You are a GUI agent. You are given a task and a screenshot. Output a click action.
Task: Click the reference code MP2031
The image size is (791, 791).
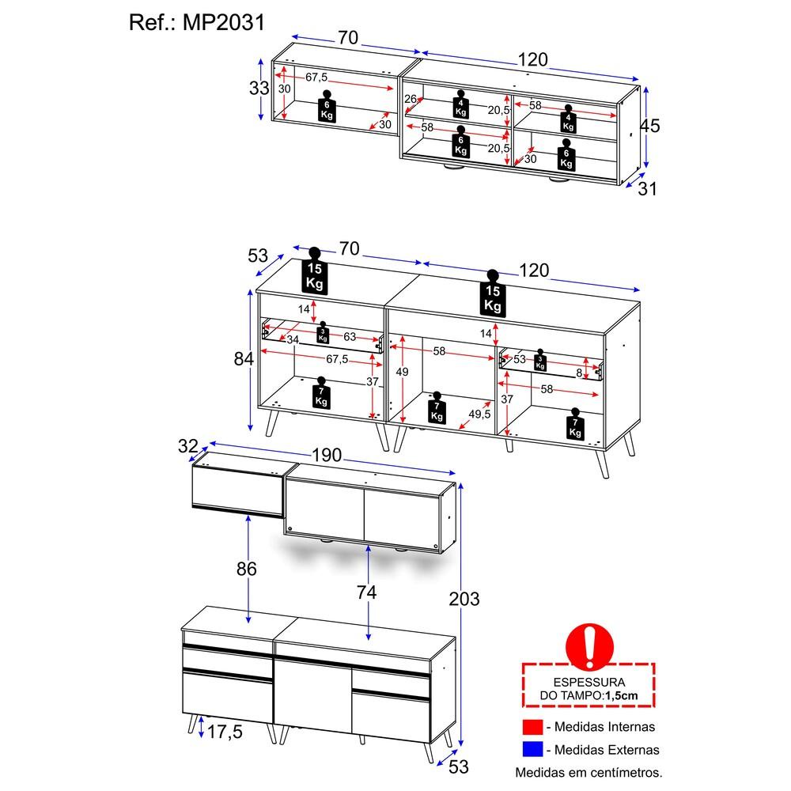point(224,23)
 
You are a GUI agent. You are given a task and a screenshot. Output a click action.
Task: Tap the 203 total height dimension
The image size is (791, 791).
point(464,600)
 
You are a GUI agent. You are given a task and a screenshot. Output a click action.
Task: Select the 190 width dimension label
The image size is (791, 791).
point(327,455)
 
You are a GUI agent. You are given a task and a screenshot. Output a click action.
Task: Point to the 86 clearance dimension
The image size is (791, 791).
point(247,569)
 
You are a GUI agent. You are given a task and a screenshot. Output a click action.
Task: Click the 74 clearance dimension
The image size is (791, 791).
point(366,592)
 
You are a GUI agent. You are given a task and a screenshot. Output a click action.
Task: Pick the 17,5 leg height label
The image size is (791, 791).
point(225,732)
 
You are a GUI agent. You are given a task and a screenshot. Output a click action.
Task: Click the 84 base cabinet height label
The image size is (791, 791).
point(244,358)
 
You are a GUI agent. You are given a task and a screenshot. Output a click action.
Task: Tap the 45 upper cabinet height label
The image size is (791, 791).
point(649,126)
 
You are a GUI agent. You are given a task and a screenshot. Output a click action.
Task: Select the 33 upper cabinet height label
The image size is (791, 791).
point(259,89)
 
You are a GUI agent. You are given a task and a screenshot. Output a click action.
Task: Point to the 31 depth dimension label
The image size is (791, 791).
point(648,189)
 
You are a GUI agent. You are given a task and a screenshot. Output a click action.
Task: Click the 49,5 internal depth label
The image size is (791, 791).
point(479,414)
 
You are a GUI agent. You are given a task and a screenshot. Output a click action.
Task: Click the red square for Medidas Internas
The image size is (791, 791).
point(532,727)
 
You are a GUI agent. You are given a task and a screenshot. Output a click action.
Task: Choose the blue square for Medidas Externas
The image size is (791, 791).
point(532,749)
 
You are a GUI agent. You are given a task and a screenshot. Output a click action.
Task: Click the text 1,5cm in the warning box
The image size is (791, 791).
point(622,695)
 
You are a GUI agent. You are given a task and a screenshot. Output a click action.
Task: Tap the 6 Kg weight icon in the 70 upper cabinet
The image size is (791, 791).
point(327,107)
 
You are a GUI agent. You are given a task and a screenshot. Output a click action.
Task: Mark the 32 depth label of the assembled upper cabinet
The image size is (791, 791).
point(188,446)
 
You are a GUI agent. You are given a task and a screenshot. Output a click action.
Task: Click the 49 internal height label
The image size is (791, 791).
point(402,373)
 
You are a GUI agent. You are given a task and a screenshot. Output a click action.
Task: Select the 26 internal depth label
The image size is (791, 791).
point(411,99)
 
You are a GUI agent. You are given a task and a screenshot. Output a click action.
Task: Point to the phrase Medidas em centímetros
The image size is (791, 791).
point(589,772)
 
